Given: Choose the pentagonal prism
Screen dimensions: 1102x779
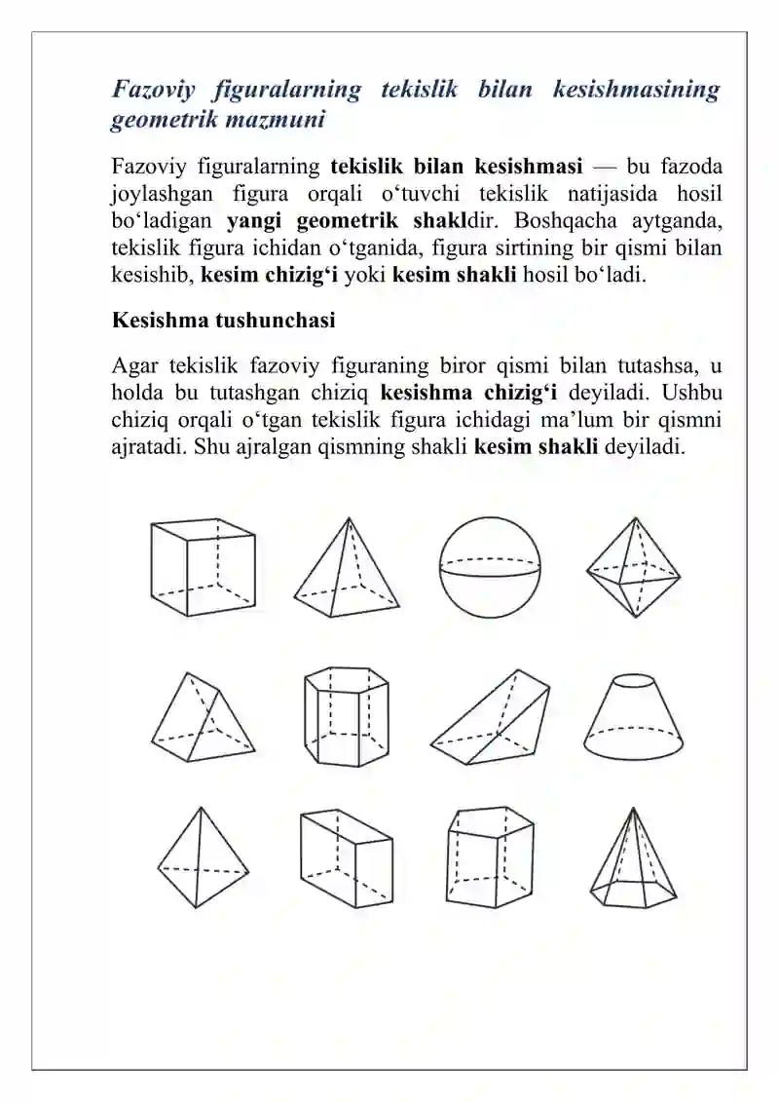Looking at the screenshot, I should [489, 858].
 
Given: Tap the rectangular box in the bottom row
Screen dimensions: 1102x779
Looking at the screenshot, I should [346, 858].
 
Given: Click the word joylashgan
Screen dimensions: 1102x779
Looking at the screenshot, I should [161, 193].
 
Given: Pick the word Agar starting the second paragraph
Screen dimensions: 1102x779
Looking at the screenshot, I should [133, 366].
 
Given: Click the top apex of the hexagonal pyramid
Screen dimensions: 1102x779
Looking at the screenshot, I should [634, 809].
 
